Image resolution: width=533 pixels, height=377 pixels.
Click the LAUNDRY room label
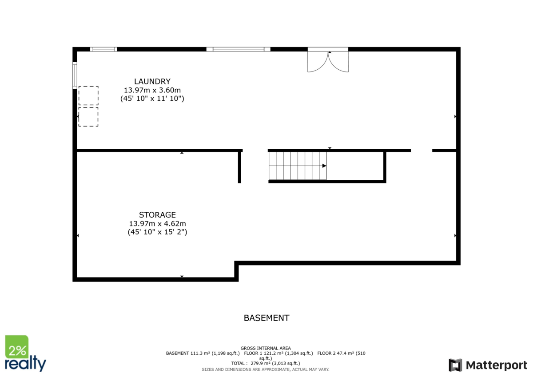point(152,81)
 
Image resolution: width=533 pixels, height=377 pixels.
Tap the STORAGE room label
point(157,215)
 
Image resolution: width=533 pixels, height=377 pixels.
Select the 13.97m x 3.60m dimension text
point(152,90)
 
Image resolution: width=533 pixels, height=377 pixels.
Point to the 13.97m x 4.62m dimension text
point(157,224)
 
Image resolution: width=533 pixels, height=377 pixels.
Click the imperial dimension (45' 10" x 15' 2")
point(157,232)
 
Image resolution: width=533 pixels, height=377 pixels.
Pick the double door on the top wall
point(328,61)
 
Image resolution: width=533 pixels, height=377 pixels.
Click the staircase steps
point(297,166)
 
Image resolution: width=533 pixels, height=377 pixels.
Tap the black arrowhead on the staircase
point(324,166)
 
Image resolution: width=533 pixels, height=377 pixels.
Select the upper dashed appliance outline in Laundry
point(88,95)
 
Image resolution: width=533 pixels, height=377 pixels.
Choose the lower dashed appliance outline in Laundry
point(88,117)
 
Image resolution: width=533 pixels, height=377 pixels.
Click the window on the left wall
point(75,75)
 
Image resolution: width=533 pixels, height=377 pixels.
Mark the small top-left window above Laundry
point(103,49)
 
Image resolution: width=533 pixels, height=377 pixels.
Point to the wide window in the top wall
point(239,49)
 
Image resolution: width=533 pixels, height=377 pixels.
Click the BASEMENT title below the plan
point(266,318)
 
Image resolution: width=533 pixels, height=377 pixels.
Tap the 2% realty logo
point(25,353)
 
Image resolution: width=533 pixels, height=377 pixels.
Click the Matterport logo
point(488,365)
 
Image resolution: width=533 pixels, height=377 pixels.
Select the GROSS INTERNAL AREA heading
point(266,348)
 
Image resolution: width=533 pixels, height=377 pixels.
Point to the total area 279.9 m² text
point(266,363)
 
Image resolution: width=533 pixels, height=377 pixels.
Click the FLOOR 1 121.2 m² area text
point(278,353)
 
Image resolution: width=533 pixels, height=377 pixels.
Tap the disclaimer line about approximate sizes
point(266,369)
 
